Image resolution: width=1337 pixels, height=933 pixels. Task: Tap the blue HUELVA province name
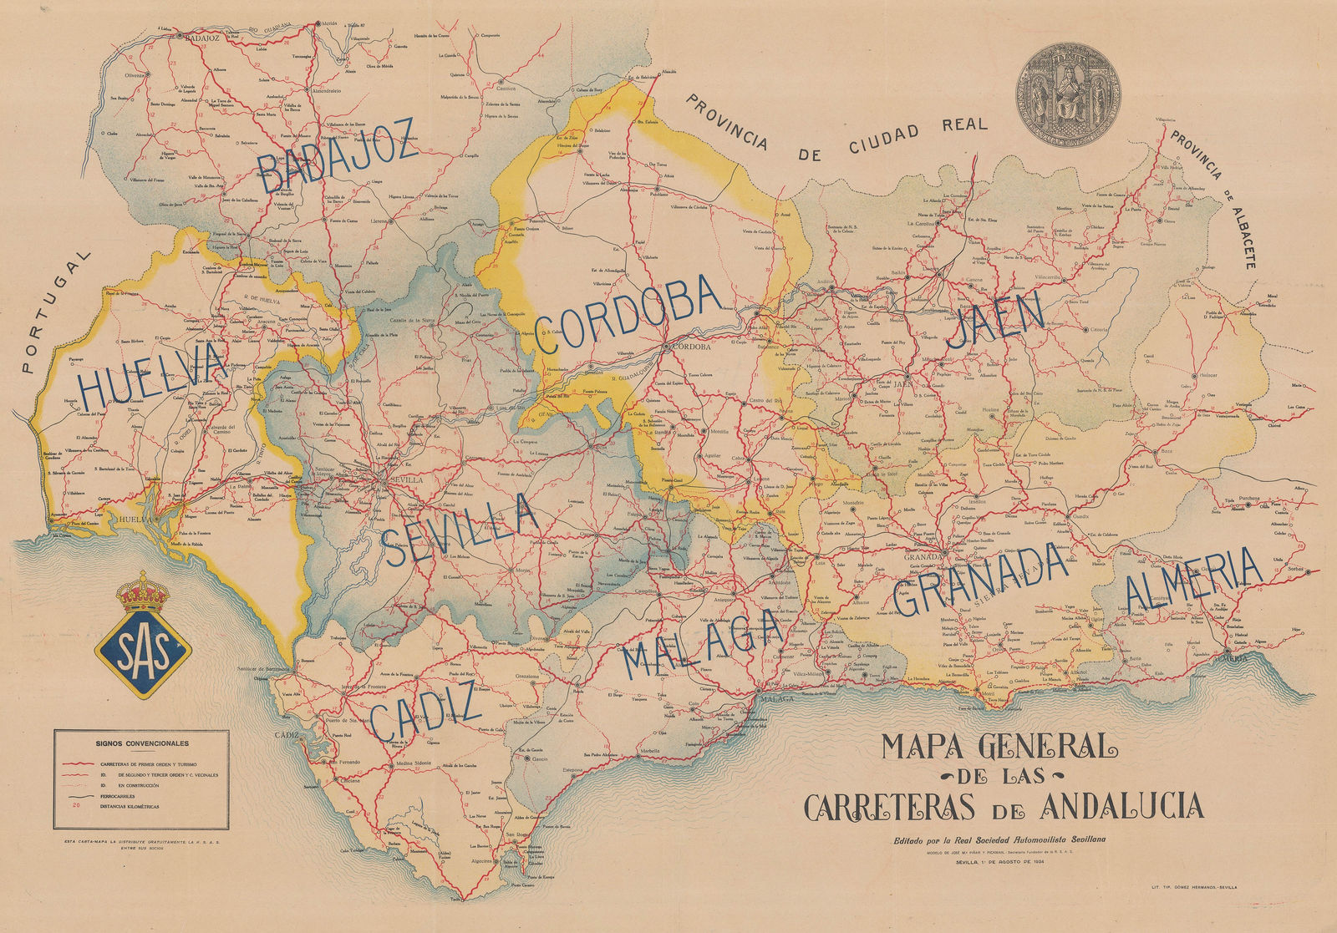coord(153,376)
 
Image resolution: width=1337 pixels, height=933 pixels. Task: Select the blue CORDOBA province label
coord(627,316)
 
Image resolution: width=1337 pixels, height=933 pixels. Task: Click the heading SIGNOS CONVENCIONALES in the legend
coord(141,742)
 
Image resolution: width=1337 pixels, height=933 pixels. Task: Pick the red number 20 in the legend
coord(77,806)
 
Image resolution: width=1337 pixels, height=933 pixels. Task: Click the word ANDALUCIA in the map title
coord(1121,806)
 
